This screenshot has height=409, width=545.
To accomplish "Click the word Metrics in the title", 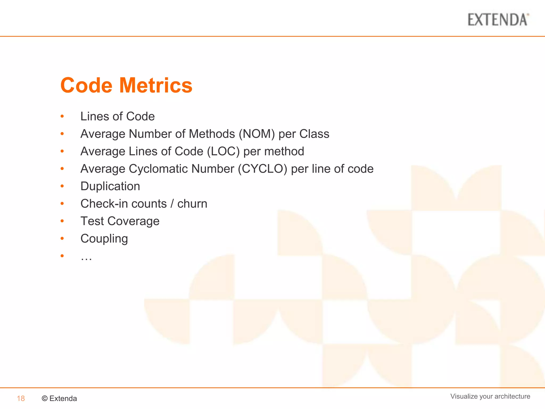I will [x=156, y=85].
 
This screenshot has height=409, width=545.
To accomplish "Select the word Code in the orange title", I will [x=86, y=85].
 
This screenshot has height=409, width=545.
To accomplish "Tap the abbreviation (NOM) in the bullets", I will [x=257, y=134].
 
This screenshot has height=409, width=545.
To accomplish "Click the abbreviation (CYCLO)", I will [x=262, y=169].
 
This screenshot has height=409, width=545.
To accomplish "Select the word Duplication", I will [x=110, y=186].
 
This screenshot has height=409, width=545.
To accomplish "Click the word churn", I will [x=192, y=204].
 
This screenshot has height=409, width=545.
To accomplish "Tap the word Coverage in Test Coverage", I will [x=133, y=221].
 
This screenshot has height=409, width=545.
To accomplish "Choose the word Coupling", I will [x=104, y=239].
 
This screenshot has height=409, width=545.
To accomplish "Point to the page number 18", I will [x=21, y=399].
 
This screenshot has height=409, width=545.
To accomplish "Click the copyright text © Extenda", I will [x=59, y=399].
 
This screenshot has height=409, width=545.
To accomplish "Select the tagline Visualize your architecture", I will [x=490, y=396].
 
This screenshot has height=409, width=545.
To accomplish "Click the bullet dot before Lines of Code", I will [x=62, y=116].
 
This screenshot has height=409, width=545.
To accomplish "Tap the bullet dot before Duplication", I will [x=62, y=186].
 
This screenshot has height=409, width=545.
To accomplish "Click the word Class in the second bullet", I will [x=314, y=134].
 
